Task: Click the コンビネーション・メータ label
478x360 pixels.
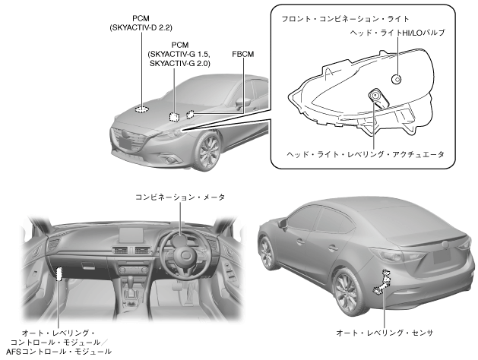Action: pyautogui.click(x=180, y=196)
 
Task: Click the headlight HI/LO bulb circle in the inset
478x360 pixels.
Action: pyautogui.click(x=396, y=79)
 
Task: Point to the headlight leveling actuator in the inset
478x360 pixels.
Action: pyautogui.click(x=375, y=95)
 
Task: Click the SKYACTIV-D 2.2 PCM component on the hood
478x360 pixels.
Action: pyautogui.click(x=142, y=108)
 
